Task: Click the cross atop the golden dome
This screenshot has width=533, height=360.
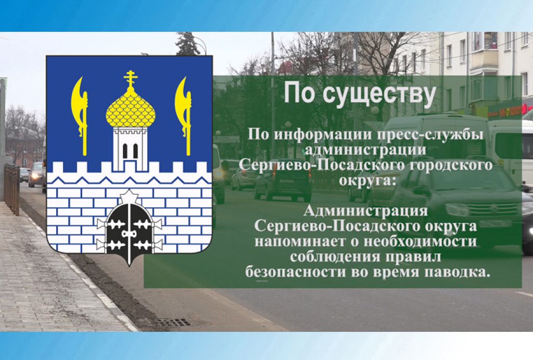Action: tap(131, 78)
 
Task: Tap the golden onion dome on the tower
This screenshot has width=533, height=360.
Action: tap(131, 109)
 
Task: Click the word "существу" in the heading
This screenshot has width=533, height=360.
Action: tap(379, 94)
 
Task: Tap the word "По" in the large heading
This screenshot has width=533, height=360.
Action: tap(300, 92)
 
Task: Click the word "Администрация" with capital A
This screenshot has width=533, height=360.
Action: tap(365, 211)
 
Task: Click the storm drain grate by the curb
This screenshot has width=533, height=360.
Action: tap(173, 322)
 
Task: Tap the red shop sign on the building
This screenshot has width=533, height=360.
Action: tap(510, 108)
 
